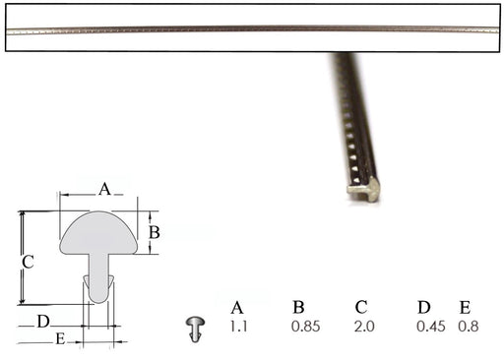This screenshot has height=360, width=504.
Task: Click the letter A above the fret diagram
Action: [x=104, y=189]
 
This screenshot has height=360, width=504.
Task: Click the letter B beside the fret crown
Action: [x=155, y=232]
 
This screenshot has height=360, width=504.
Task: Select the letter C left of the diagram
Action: [x=28, y=263]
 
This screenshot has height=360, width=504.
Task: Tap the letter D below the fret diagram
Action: [x=43, y=322]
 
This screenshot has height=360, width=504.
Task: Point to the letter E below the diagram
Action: [x=60, y=338]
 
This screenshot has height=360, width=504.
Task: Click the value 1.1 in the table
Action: [x=238, y=327]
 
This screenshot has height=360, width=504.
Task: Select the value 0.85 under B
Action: [x=305, y=327]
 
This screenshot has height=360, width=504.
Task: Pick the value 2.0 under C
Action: [x=364, y=327]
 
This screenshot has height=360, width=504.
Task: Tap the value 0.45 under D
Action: [x=431, y=327]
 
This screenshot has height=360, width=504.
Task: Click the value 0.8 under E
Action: [x=469, y=327]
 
